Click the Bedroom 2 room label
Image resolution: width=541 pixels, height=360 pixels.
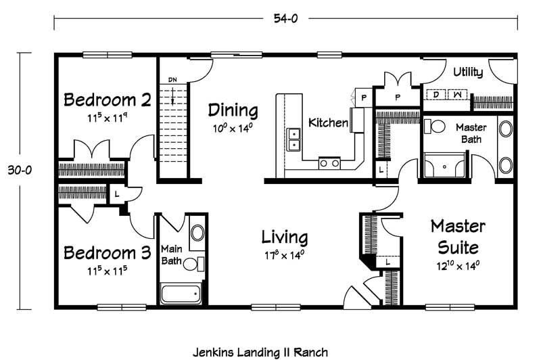click(x=108, y=99)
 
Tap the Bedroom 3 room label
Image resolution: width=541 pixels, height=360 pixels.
click(x=108, y=252)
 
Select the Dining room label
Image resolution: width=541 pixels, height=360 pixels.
click(x=233, y=110)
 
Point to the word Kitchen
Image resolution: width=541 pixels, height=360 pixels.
click(x=328, y=122)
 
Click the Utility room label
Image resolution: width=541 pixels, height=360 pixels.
click(x=468, y=72)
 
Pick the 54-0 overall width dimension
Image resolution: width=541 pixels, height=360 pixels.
click(x=285, y=18)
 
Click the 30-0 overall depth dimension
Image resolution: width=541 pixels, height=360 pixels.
click(x=20, y=170)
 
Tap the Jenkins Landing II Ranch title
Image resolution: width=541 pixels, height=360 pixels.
click(x=260, y=353)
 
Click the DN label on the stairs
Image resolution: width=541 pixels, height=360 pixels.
click(x=172, y=80)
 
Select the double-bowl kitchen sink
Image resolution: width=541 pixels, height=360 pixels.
click(x=293, y=139)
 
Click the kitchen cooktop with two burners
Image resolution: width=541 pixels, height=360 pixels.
click(x=329, y=163)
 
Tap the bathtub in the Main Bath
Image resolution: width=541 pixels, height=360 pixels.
click(x=181, y=294)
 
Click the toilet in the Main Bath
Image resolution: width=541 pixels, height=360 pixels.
click(x=193, y=265)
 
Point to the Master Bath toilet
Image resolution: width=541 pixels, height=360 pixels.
click(x=435, y=127)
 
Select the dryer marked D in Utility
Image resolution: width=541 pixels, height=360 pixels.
click(x=436, y=94)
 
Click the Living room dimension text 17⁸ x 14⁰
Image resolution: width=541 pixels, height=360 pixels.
click(x=284, y=255)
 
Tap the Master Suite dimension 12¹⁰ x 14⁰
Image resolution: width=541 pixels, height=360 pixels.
click(x=458, y=266)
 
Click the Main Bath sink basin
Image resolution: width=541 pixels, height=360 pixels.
click(x=197, y=233)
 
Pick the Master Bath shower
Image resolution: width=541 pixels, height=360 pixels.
click(x=444, y=165)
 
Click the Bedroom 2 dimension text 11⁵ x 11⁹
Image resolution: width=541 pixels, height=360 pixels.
click(x=108, y=118)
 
